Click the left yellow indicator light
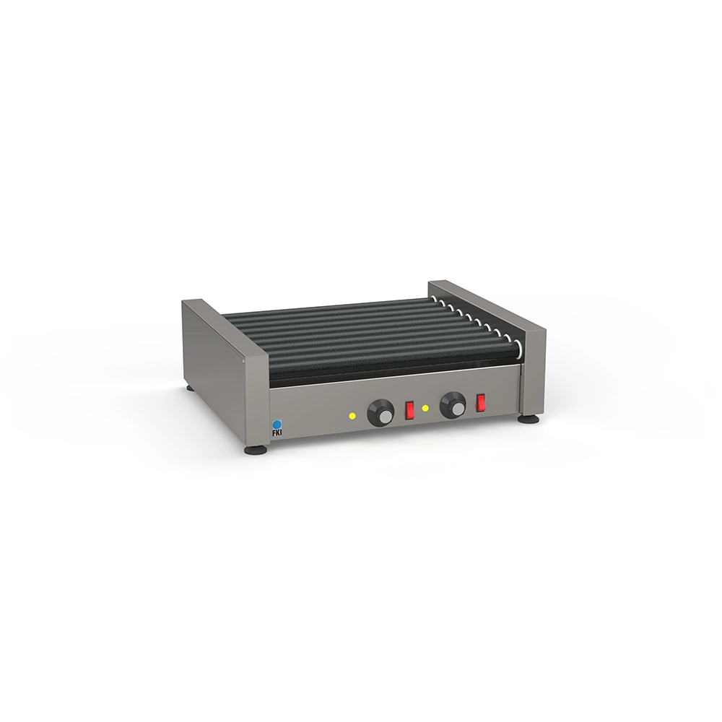[352, 417]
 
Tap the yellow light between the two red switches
[425, 409]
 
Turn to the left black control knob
[381, 412]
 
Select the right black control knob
[453, 405]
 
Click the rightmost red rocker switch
[481, 402]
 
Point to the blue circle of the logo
[277, 424]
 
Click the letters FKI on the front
[277, 432]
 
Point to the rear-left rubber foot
[190, 388]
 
